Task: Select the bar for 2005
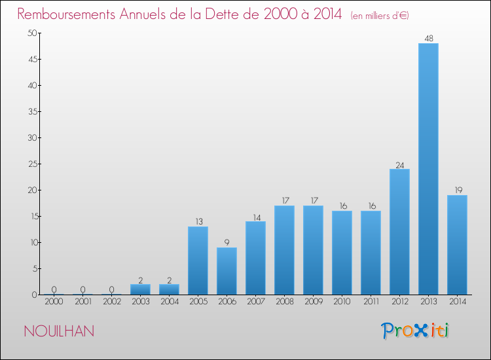198,261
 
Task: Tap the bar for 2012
399,232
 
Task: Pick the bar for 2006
227,271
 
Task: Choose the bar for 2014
457,245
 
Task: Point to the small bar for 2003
140,289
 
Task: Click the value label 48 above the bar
428,39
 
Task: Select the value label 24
399,164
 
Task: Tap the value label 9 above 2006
227,243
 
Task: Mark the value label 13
198,222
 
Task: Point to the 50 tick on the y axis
31,33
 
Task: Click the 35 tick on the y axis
31,111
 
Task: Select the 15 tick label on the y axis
31,216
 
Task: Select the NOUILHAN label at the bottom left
59,331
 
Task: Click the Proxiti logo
415,331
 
